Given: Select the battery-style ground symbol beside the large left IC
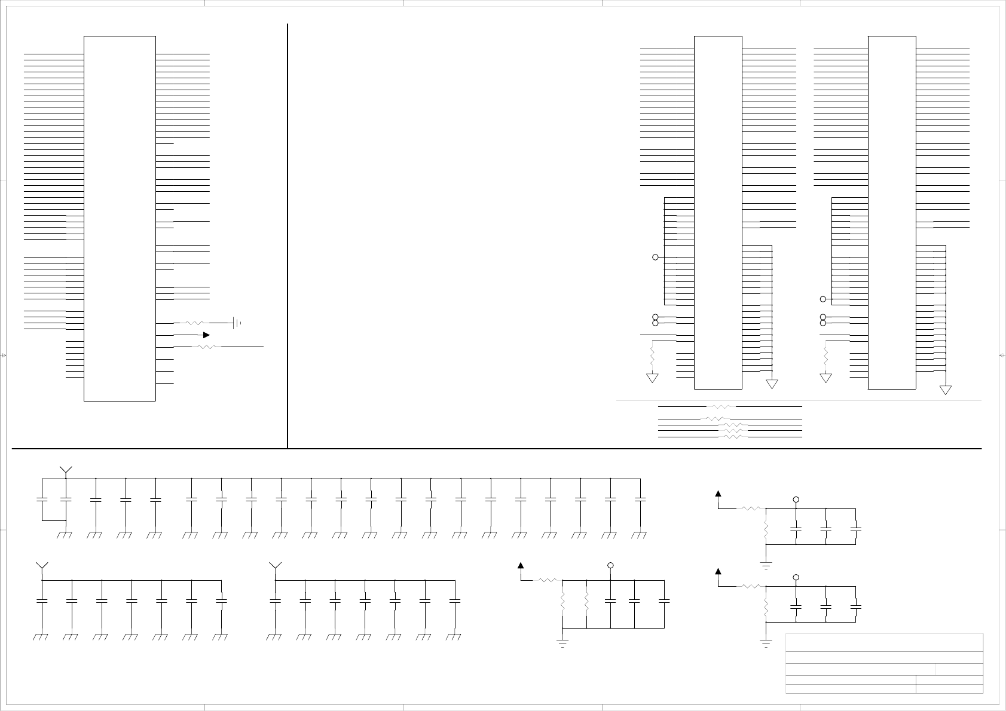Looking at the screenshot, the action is tap(237, 323).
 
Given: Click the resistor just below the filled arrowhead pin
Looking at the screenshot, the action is tap(206, 347).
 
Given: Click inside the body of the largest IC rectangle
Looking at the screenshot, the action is tap(120, 218).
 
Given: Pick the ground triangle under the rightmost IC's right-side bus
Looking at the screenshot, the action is tap(945, 390).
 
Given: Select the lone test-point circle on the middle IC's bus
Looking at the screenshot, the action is tap(655, 257).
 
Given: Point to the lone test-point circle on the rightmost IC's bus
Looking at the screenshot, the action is tap(823, 299).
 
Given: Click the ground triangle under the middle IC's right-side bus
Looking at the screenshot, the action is tap(772, 384).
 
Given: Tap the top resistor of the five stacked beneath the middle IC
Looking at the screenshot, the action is tap(721, 406).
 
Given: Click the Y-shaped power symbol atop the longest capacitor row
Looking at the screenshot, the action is tap(66, 470).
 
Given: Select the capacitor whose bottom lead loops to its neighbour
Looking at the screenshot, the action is tap(42, 499).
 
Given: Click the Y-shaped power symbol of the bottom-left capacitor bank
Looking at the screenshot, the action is tap(42, 566).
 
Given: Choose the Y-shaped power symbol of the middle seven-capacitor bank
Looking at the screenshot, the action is tap(275, 566).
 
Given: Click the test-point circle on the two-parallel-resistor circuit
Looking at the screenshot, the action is tap(610, 565).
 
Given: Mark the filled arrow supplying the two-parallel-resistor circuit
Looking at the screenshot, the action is tap(521, 565).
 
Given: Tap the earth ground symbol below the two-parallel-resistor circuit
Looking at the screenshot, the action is tap(562, 643).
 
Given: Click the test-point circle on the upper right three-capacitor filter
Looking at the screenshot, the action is tap(796, 499).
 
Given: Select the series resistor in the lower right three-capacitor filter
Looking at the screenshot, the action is tap(751, 586).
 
